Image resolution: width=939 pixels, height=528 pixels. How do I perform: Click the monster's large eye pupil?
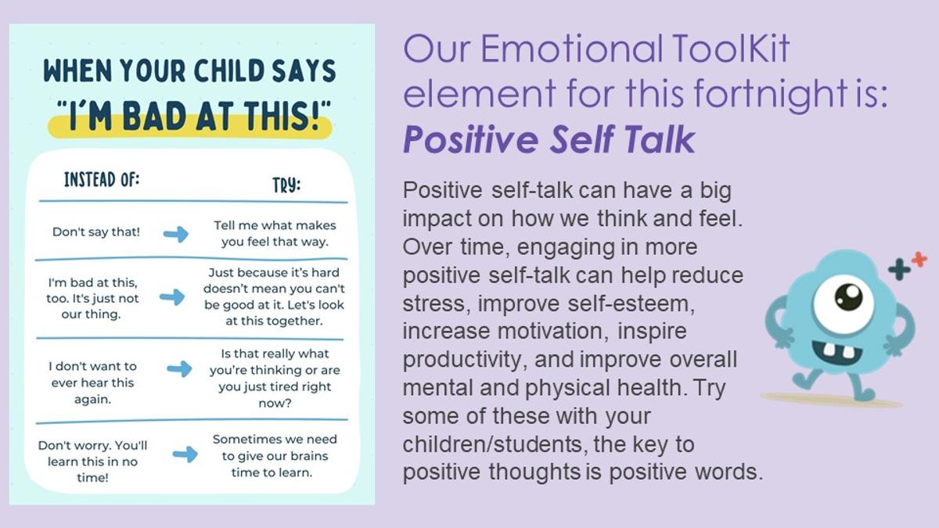(x=848, y=296)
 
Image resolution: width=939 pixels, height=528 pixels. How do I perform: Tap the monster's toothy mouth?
(x=836, y=351)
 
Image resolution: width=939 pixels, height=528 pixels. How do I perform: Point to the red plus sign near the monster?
(x=919, y=260)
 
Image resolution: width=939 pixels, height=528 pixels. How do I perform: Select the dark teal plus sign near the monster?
(x=899, y=269)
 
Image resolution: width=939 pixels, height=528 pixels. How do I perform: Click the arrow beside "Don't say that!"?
(x=176, y=234)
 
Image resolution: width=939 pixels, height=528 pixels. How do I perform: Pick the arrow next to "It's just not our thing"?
(x=172, y=297)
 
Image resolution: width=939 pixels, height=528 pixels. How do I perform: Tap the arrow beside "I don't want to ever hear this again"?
(x=179, y=368)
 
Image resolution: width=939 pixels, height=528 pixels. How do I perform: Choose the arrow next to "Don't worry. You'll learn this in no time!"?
(x=185, y=454)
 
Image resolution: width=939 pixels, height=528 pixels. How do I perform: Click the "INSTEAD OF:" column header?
(x=102, y=179)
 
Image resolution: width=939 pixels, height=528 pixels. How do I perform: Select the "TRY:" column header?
(x=286, y=185)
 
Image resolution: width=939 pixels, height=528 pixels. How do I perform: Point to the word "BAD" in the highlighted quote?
(x=155, y=116)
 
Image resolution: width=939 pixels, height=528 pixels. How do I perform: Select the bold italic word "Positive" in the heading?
(x=471, y=139)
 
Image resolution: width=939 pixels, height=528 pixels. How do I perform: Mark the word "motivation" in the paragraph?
(x=552, y=331)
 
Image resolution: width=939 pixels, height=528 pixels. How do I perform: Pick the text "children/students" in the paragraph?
(x=492, y=444)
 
